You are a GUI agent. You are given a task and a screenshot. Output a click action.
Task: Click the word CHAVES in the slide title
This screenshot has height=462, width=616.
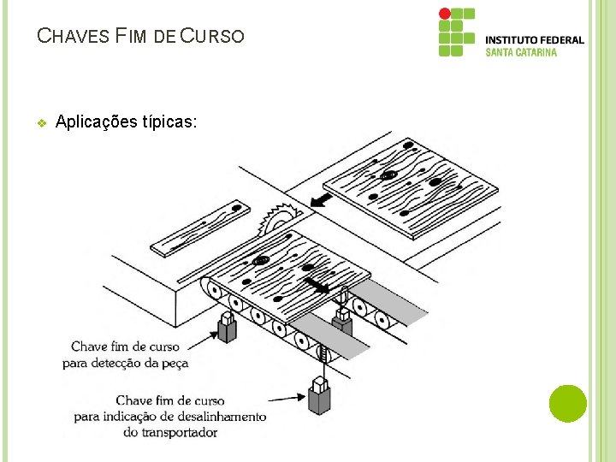click(74, 37)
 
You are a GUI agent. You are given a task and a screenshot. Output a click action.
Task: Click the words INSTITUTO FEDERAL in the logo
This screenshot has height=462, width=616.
click(535, 39)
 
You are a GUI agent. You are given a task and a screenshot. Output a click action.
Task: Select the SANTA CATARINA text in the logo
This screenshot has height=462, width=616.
click(521, 52)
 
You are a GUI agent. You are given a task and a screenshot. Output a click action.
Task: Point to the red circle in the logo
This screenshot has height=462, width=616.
click(444, 14)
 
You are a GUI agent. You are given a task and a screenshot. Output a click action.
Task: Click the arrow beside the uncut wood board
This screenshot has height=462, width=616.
click(321, 200)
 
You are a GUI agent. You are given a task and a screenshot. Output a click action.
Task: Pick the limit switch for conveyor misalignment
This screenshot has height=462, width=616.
click(319, 399)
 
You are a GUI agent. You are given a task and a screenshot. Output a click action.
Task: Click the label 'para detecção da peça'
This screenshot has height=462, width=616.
click(125, 362)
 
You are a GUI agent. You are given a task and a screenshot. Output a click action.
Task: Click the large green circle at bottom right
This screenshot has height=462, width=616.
click(567, 403)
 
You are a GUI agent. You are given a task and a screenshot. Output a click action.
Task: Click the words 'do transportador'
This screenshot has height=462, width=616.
click(170, 432)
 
